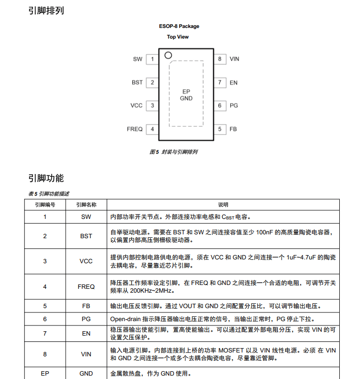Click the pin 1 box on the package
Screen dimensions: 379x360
(152, 59)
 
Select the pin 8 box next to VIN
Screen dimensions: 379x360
(220, 59)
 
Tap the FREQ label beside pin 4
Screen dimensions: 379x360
(135, 129)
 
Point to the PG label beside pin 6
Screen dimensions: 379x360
(234, 106)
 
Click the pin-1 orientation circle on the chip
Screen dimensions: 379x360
(168, 55)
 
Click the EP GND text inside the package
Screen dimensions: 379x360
(186, 95)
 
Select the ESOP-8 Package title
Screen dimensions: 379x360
(179, 26)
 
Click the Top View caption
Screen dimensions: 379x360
(178, 37)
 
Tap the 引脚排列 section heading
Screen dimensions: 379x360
(46, 11)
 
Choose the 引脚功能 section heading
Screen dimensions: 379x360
(46, 178)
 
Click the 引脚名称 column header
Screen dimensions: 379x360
(86, 204)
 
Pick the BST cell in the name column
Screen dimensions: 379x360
(86, 236)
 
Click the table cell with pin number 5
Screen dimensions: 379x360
(45, 306)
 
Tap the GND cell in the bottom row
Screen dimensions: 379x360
(86, 373)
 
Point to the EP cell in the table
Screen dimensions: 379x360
(45, 373)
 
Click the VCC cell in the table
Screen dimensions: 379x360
(86, 261)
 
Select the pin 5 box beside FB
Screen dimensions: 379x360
(220, 129)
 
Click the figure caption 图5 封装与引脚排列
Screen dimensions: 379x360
(174, 152)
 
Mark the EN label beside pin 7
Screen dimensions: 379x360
(234, 82)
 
